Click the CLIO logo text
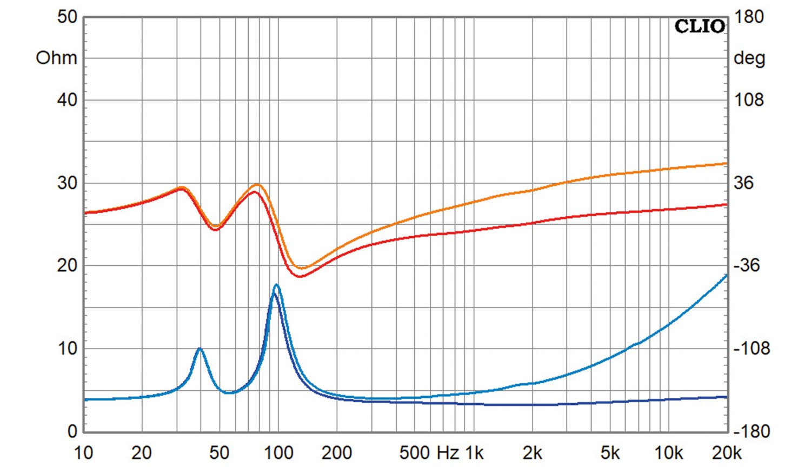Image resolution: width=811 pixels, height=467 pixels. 700,26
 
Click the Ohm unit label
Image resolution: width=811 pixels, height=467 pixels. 56,58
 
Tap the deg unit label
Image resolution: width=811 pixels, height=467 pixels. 749,58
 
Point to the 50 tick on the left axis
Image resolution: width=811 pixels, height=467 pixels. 67,17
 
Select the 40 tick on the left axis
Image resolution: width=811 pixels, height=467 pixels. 67,100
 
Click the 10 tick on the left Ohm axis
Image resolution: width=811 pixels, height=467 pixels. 67,349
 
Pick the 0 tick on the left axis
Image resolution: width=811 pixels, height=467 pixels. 72,431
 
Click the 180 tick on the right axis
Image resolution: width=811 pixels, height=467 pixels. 749,17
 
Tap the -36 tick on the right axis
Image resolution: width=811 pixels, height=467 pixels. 747,265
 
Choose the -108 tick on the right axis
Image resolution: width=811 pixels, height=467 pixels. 751,349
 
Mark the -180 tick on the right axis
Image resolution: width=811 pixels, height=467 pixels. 751,431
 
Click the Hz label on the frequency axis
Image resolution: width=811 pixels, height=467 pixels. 447,453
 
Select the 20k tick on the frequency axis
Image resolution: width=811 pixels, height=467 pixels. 726,453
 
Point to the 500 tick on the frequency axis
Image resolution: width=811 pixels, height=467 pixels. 415,453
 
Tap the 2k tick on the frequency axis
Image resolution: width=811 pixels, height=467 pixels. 532,453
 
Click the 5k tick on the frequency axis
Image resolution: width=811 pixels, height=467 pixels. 610,453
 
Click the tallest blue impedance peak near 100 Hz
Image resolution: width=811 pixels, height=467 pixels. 276,285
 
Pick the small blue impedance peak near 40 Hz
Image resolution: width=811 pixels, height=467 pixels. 200,349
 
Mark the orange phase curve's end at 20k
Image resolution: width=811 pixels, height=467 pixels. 726,163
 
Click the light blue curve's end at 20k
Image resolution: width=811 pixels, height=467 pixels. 726,275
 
